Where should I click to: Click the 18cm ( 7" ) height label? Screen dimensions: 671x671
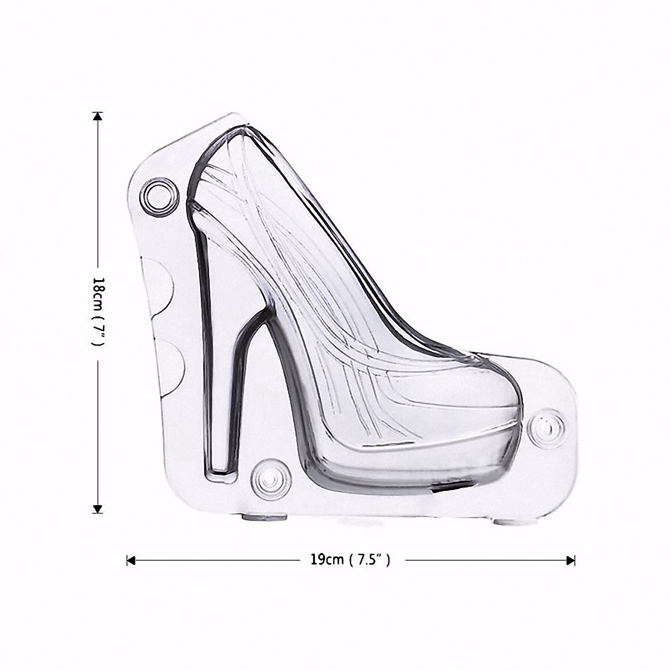pyautogui.click(x=96, y=313)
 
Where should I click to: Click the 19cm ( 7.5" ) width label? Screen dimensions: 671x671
pyautogui.click(x=350, y=560)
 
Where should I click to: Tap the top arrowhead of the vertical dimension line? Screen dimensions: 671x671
pyautogui.click(x=98, y=116)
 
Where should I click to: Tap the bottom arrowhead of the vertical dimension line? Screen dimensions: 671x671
pyautogui.click(x=98, y=508)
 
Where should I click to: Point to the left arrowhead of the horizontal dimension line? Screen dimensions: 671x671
pyautogui.click(x=131, y=560)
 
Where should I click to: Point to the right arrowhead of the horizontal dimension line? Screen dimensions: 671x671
pyautogui.click(x=571, y=560)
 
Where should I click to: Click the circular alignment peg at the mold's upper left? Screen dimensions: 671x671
pyautogui.click(x=157, y=196)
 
